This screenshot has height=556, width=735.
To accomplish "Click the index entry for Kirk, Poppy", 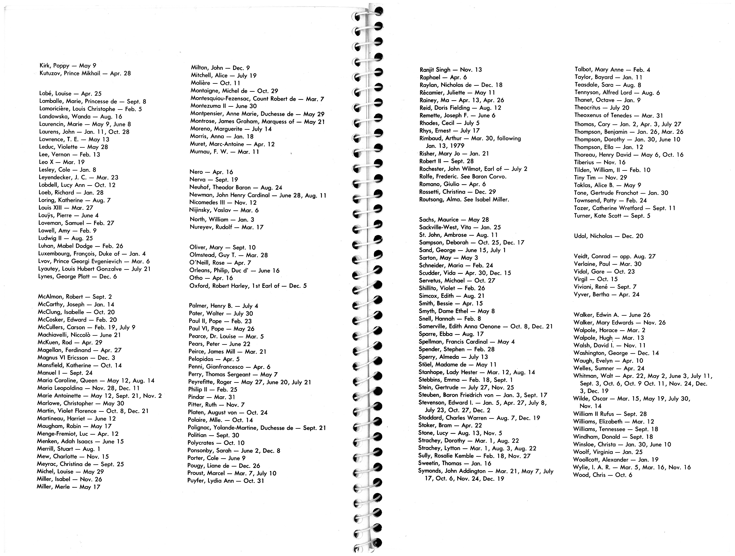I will coord(68,66).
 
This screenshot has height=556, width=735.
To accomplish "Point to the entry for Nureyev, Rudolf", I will coord(226,227).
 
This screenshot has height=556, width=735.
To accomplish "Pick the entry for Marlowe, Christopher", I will coord(80,404).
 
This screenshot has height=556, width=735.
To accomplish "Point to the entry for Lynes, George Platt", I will coord(77,276).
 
